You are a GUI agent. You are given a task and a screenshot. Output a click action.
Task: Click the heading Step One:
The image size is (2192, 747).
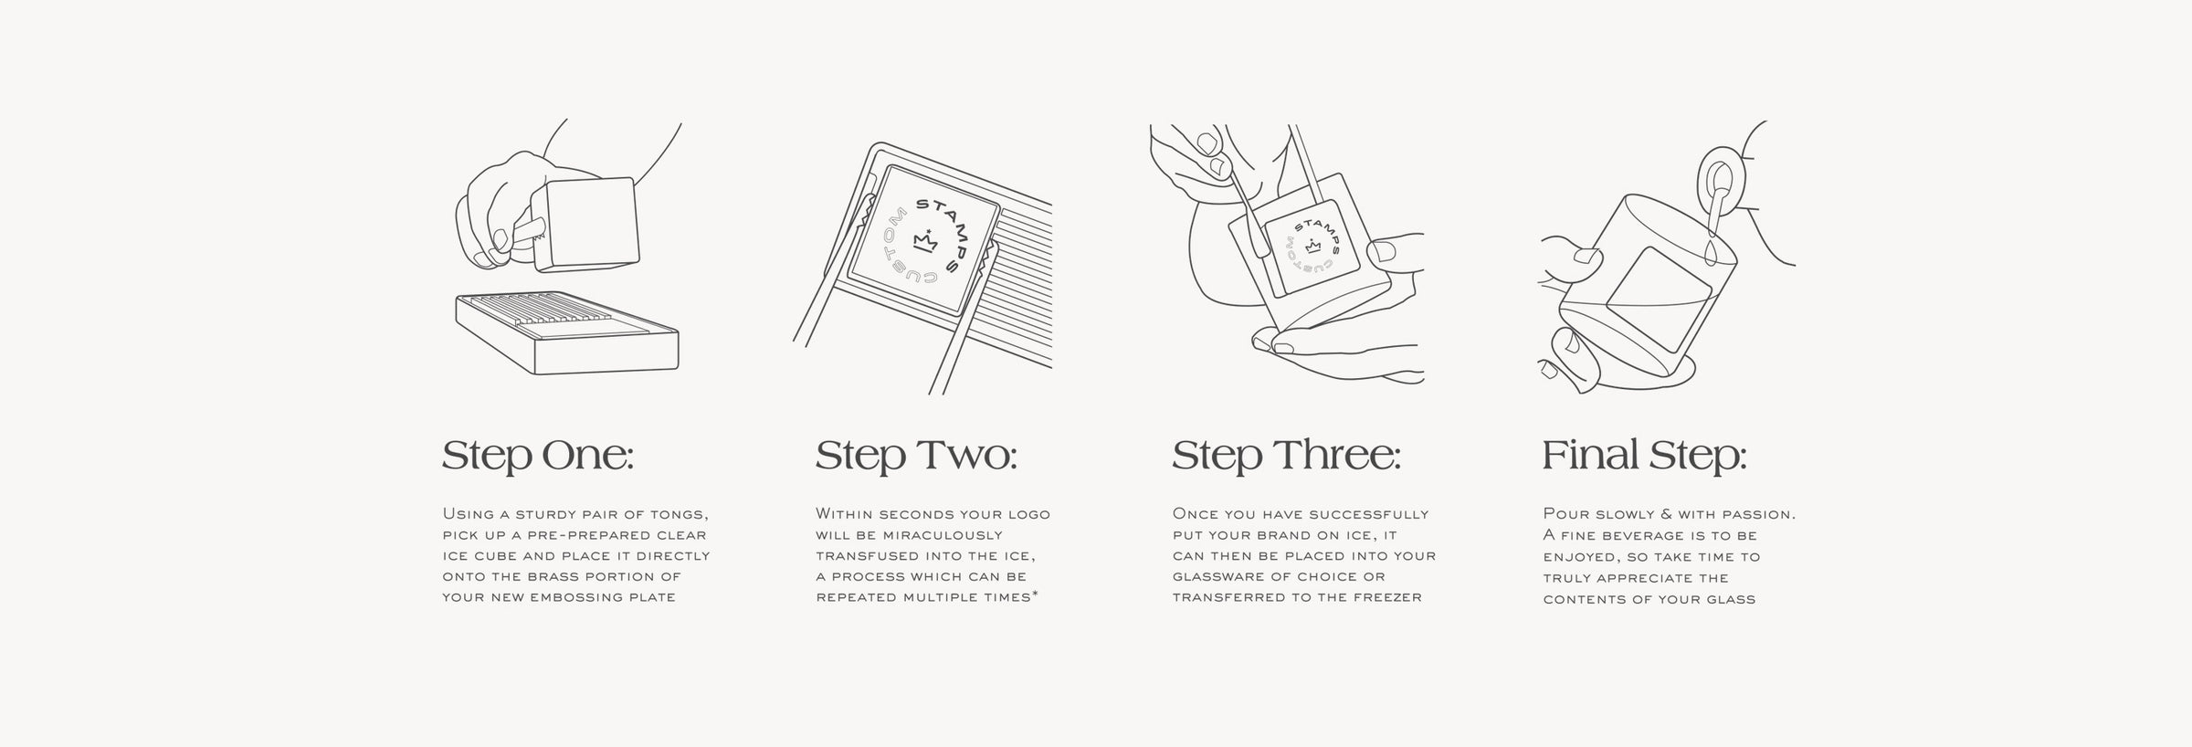538,456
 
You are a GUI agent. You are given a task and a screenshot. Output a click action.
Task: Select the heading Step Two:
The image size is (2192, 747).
916,456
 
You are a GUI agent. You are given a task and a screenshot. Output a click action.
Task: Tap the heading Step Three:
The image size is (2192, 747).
1286,456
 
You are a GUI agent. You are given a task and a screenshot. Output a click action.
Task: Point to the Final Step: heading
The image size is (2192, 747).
1644,456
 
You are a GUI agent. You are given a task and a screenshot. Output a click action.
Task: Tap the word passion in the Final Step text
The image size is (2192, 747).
1757,515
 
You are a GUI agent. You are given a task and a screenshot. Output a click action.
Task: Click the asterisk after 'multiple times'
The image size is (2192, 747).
1034,594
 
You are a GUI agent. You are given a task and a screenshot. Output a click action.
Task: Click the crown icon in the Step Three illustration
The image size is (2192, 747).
1314,246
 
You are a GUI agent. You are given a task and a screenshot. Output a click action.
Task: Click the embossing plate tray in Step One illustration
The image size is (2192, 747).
567,332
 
